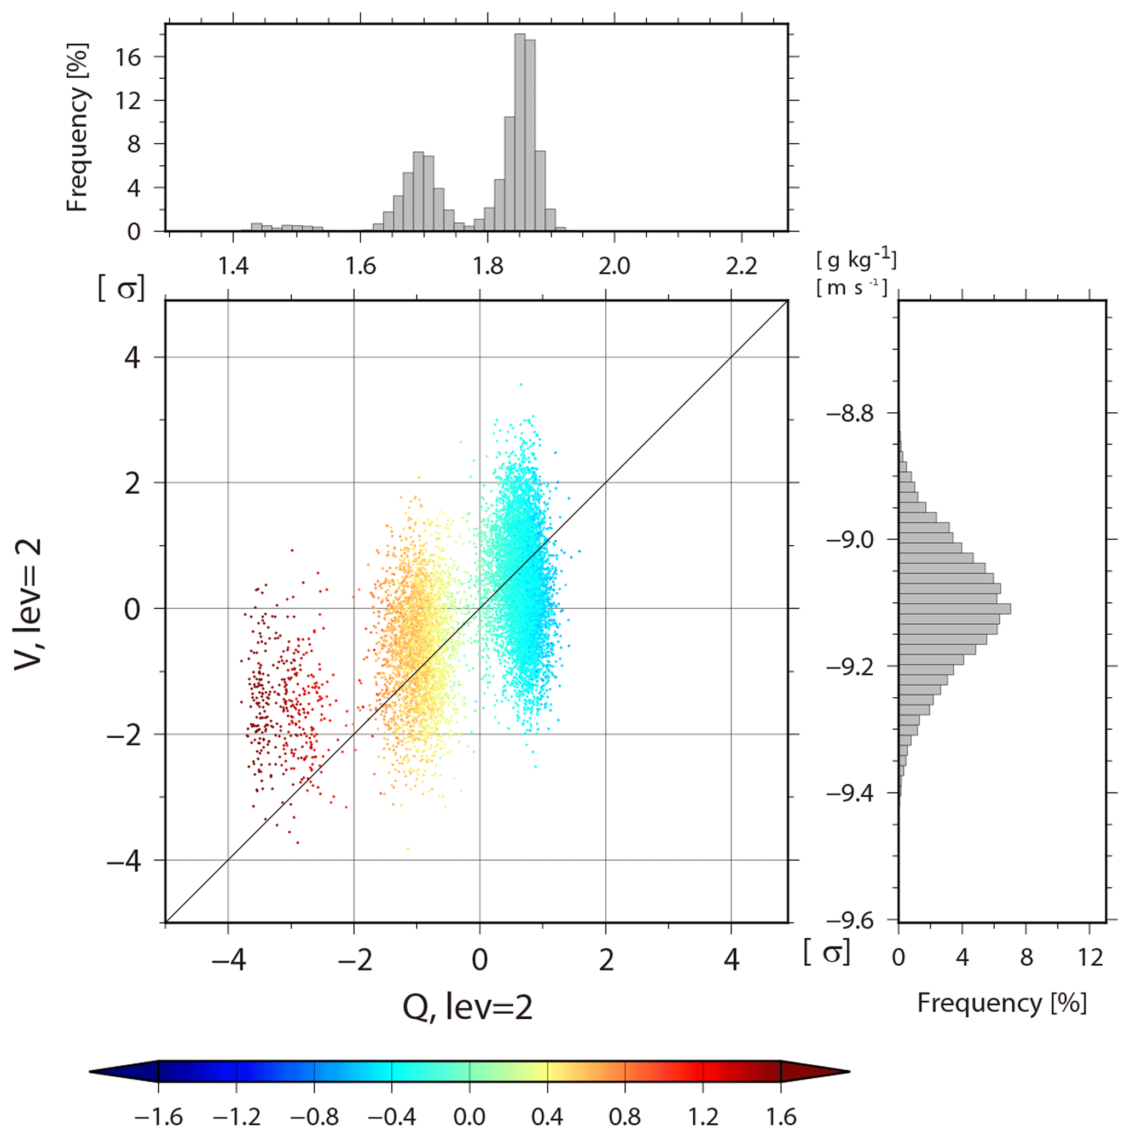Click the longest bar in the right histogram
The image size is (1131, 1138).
tap(954, 609)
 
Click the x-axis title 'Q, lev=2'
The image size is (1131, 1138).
tap(467, 1007)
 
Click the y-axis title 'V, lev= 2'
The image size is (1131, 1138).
tap(28, 604)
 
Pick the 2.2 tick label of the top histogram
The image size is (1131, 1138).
tap(741, 267)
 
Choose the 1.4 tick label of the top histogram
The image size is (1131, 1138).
tap(234, 267)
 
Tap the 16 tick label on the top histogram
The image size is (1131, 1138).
tap(129, 57)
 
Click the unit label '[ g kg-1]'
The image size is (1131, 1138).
tap(856, 259)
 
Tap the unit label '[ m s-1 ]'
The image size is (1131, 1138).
tap(851, 288)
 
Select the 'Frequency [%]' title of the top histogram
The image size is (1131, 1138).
tap(77, 127)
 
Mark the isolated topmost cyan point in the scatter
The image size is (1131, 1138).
tap(520, 384)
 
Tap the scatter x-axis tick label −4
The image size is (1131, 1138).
tap(229, 961)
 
